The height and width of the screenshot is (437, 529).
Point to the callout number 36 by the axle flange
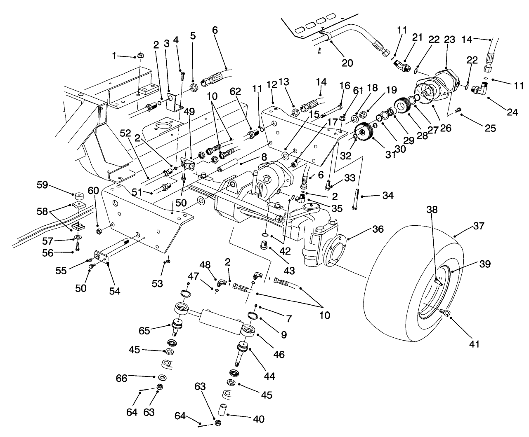366,229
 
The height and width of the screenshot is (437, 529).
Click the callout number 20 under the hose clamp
347,62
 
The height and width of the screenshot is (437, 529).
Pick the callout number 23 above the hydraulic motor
449,40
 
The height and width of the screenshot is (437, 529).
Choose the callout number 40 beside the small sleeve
258,419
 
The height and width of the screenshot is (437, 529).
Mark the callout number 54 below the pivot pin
114,291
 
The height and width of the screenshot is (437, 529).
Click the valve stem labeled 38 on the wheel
438,281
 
